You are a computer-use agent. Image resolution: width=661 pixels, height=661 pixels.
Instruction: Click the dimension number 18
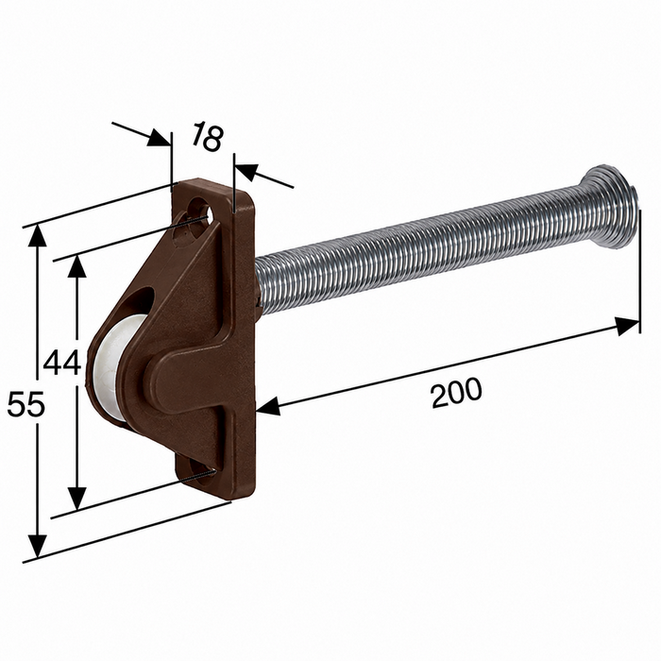tap(207, 136)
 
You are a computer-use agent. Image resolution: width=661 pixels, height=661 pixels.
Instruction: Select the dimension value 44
tap(62, 363)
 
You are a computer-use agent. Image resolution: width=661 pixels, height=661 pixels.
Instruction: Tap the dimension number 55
tap(25, 404)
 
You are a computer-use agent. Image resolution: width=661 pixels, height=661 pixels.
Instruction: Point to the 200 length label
tap(456, 393)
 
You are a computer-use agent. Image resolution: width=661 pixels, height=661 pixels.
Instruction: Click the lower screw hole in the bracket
tap(199, 469)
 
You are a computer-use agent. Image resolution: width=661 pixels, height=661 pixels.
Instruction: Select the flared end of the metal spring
tap(609, 207)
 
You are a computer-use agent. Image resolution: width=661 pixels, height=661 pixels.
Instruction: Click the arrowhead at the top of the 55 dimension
tap(38, 236)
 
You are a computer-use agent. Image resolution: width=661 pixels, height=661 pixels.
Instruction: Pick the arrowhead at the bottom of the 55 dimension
tap(38, 547)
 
